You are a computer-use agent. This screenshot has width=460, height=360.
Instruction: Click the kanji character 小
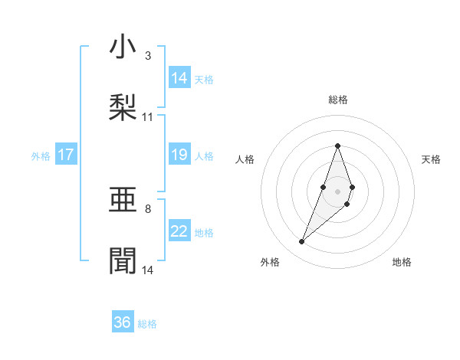123,48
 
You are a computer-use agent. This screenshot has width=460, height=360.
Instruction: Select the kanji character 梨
123,106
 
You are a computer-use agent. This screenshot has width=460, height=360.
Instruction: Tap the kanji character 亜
123,202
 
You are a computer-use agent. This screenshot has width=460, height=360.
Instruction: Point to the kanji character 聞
123,260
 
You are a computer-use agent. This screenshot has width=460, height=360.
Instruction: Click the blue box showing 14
179,78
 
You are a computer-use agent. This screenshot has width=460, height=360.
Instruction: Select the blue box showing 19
179,155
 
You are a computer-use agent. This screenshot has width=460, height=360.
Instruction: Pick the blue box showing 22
179,231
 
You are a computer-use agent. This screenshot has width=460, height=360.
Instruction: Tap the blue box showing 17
66,155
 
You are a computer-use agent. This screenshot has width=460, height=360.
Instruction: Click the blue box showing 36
123,322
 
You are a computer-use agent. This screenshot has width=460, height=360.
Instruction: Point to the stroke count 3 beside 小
148,56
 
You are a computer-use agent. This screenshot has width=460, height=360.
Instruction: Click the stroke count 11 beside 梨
148,116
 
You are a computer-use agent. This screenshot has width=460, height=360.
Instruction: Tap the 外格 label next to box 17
41,155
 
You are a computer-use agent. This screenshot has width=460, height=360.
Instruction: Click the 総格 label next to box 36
147,324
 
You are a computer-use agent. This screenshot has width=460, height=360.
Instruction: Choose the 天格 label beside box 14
204,79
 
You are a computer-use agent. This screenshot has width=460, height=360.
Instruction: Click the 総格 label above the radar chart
337,100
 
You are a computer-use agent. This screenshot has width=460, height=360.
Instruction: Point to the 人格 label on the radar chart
245,159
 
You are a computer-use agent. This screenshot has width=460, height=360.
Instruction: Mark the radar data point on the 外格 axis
301,242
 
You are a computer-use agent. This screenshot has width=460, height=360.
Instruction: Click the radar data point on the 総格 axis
337,146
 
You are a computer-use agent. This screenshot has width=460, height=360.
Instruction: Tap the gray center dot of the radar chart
337,191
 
